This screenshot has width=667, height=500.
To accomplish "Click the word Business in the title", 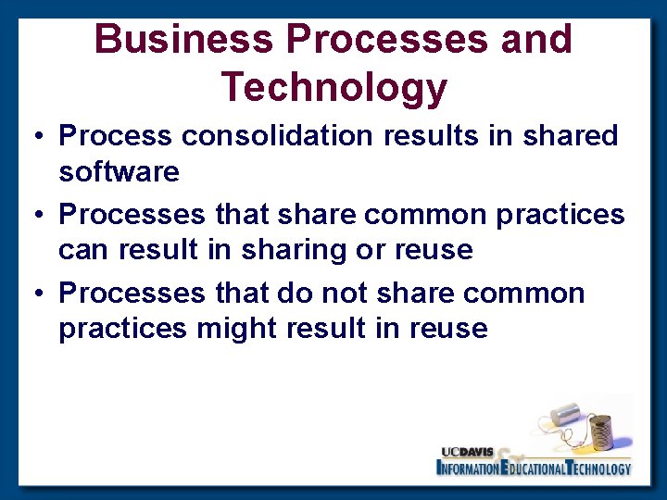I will point(184,39).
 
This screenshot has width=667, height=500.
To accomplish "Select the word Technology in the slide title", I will point(333,87).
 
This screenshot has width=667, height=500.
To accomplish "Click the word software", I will point(119,171).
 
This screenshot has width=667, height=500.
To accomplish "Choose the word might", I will point(236,329).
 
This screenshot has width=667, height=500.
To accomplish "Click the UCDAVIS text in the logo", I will point(468,452).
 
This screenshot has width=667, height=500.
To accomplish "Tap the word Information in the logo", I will point(468,469).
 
